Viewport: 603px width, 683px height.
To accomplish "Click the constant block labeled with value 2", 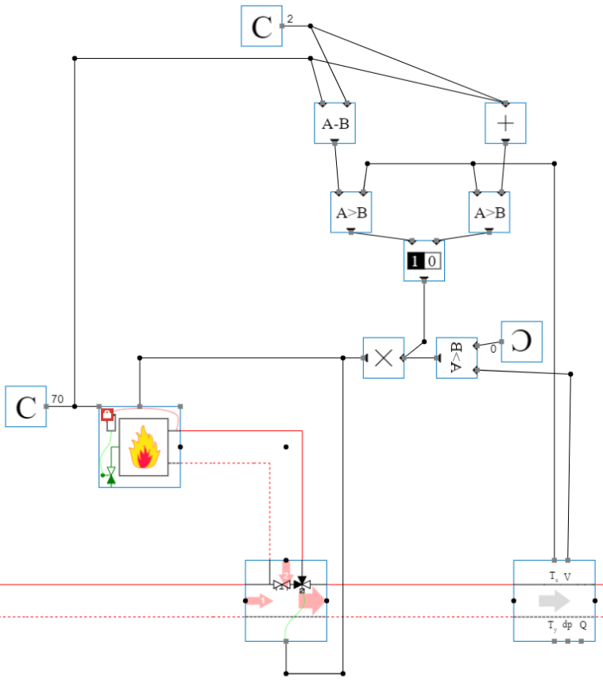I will (261, 26).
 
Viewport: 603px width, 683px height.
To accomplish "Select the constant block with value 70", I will (25, 407).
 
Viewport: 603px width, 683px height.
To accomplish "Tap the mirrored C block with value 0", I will (522, 341).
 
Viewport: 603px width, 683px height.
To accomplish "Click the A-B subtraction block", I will (334, 123).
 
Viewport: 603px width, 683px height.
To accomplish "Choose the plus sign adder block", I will (506, 123).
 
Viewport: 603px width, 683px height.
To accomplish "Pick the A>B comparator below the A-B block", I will (350, 212).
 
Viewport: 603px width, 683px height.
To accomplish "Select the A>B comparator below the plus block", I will (489, 212).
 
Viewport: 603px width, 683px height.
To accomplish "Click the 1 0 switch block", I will (423, 260).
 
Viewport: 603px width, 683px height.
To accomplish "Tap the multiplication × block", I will (383, 357).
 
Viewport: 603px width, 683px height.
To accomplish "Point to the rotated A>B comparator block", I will (456, 357).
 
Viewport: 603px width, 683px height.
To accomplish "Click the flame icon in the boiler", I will (144, 447).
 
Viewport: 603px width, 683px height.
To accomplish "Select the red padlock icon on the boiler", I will (107, 414).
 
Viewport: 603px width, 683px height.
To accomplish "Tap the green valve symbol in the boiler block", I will (110, 475).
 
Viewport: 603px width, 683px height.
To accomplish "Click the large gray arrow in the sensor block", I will (554, 600).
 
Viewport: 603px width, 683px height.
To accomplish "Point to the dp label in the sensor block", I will (567, 625).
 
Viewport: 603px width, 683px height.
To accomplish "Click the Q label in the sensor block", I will (582, 625).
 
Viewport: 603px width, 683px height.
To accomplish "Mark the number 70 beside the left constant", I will (57, 399).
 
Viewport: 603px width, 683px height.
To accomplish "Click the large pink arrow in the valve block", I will (311, 601).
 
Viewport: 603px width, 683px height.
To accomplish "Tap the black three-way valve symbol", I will (301, 585).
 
